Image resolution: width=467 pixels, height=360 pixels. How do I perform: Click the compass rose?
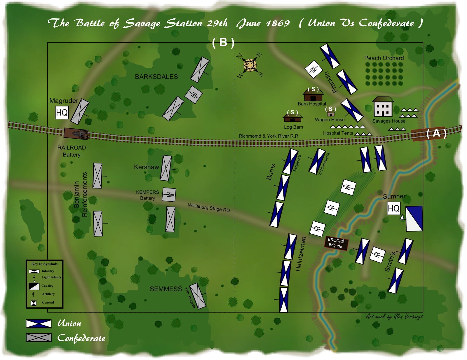point(250,65)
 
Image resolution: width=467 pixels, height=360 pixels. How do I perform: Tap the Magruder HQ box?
point(62,112)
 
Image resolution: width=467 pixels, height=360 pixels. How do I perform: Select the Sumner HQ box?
point(393,208)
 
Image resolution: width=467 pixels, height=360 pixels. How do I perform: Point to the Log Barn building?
point(292,118)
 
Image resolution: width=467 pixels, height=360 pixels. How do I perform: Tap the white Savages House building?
point(383,107)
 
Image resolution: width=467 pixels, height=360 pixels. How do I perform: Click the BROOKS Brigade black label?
point(336,243)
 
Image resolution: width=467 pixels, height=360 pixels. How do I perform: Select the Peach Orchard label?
point(384,58)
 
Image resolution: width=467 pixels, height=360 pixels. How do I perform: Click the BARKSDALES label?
point(156,77)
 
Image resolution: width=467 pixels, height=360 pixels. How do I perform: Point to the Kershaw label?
point(146,167)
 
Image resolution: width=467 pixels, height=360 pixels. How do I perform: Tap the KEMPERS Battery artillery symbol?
point(169,195)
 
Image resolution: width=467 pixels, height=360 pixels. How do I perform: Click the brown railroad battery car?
point(76,134)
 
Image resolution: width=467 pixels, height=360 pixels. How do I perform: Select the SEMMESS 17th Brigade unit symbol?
point(198,296)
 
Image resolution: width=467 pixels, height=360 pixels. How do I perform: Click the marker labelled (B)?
point(223,43)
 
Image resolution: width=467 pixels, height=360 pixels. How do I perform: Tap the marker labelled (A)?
point(436,133)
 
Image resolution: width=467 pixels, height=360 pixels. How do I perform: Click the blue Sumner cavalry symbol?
point(414,219)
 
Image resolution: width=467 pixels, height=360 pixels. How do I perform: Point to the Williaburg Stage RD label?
point(209,207)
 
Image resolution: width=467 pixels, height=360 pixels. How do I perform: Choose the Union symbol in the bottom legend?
point(39,324)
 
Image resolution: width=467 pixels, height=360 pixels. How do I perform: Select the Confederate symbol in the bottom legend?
point(39,338)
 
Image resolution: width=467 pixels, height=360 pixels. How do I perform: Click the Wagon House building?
point(331,114)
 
